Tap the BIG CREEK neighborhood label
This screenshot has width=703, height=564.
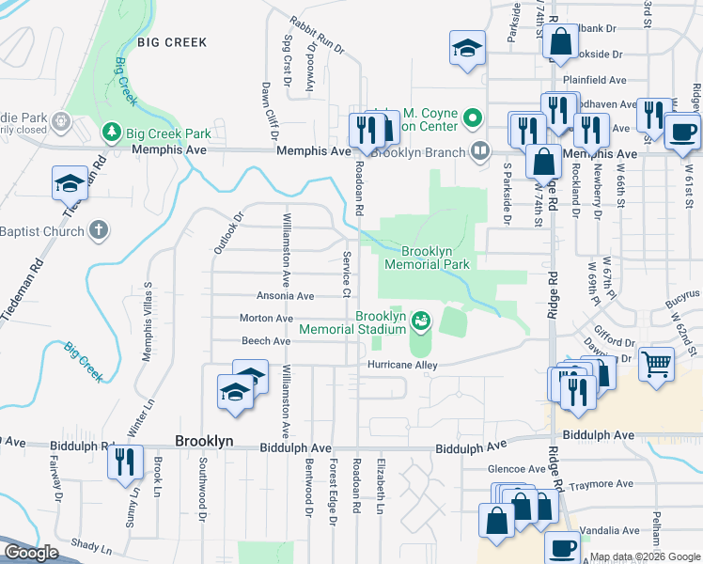click(171, 42)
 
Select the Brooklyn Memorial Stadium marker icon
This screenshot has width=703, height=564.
click(421, 321)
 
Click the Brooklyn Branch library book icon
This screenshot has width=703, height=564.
click(480, 150)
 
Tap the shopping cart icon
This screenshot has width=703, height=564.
click(656, 362)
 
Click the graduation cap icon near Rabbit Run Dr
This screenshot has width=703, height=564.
click(466, 49)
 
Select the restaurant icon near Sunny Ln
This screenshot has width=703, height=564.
click(123, 462)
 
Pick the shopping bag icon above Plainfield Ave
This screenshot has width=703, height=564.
click(561, 42)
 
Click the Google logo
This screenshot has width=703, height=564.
click(31, 553)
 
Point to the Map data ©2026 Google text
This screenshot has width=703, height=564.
click(645, 557)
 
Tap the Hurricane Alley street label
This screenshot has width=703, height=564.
click(403, 364)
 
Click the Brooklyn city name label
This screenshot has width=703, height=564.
click(204, 441)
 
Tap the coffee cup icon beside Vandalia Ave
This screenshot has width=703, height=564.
click(564, 546)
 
